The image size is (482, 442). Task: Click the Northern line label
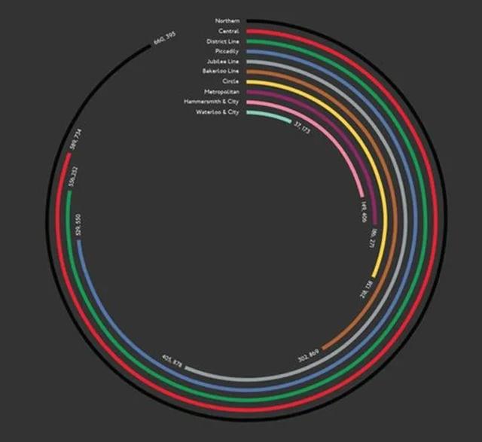tap(227, 20)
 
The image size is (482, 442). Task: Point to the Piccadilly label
tap(227, 50)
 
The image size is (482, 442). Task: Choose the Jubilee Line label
tap(223, 60)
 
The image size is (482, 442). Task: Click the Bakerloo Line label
tap(221, 71)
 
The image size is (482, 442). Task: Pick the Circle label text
tap(230, 81)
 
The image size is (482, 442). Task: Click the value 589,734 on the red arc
tap(76, 141)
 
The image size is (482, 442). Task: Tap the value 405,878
tap(172, 361)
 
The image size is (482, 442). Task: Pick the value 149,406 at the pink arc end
tap(364, 210)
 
